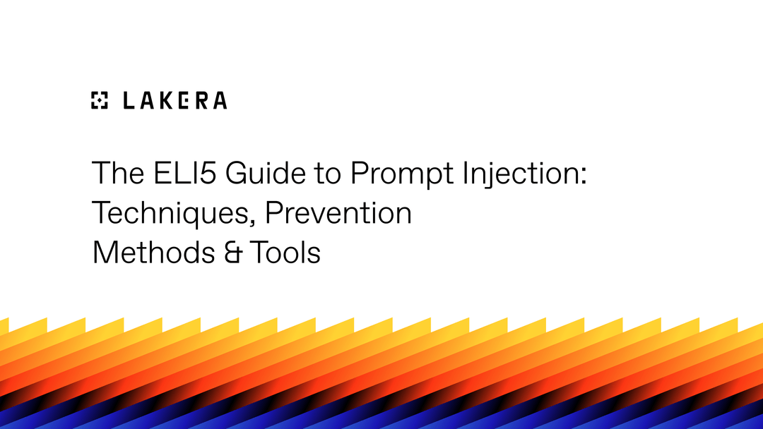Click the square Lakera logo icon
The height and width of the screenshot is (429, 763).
click(x=100, y=101)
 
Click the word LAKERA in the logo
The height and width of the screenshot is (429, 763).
click(x=175, y=101)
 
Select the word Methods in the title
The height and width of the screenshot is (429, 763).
click(x=148, y=252)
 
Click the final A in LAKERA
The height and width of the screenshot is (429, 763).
click(x=219, y=101)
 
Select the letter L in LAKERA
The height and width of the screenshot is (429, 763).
click(x=128, y=101)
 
